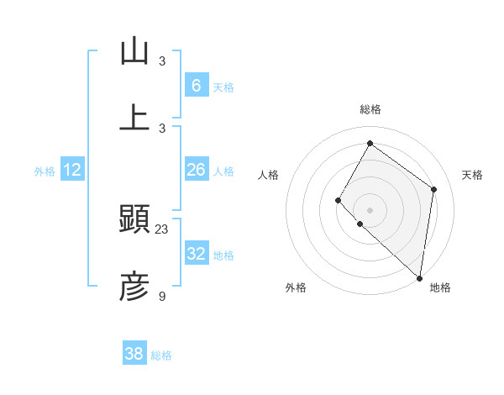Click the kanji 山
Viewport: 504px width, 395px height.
(134, 51)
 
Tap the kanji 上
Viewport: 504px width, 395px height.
(134, 118)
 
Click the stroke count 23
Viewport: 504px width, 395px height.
(162, 229)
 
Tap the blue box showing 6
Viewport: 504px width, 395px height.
(196, 86)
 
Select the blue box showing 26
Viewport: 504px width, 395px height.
(196, 170)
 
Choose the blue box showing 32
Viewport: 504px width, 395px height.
(196, 254)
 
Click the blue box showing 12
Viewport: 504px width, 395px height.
(72, 170)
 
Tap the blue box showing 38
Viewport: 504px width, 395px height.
(134, 354)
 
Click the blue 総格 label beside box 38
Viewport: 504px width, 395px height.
(161, 355)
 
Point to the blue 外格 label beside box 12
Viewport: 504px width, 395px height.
(45, 171)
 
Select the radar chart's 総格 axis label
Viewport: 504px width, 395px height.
(370, 109)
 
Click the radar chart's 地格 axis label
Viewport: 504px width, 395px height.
(440, 287)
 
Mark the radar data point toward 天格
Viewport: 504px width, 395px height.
(434, 189)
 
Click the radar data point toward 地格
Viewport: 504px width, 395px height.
(420, 278)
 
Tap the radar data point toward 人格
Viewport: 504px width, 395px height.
(339, 200)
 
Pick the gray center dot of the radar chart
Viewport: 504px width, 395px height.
(370, 209)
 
